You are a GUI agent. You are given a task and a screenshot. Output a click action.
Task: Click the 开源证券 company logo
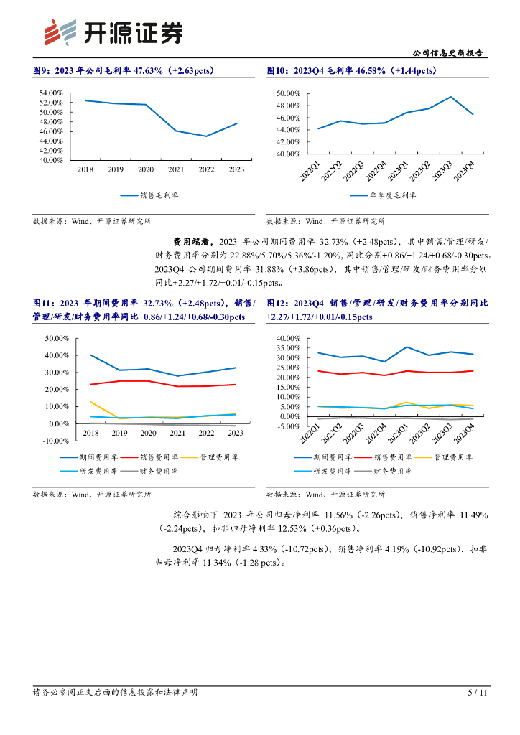coord(112,32)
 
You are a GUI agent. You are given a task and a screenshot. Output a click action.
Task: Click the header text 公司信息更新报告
coord(449,53)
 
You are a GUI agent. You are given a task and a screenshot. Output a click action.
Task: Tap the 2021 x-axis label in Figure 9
coord(176,169)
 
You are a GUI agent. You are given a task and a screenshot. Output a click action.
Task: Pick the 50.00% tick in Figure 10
coord(287,93)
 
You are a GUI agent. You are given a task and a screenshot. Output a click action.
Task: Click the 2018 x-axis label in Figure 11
coord(90,433)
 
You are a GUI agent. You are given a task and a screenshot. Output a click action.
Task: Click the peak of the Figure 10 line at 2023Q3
coord(451,97)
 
